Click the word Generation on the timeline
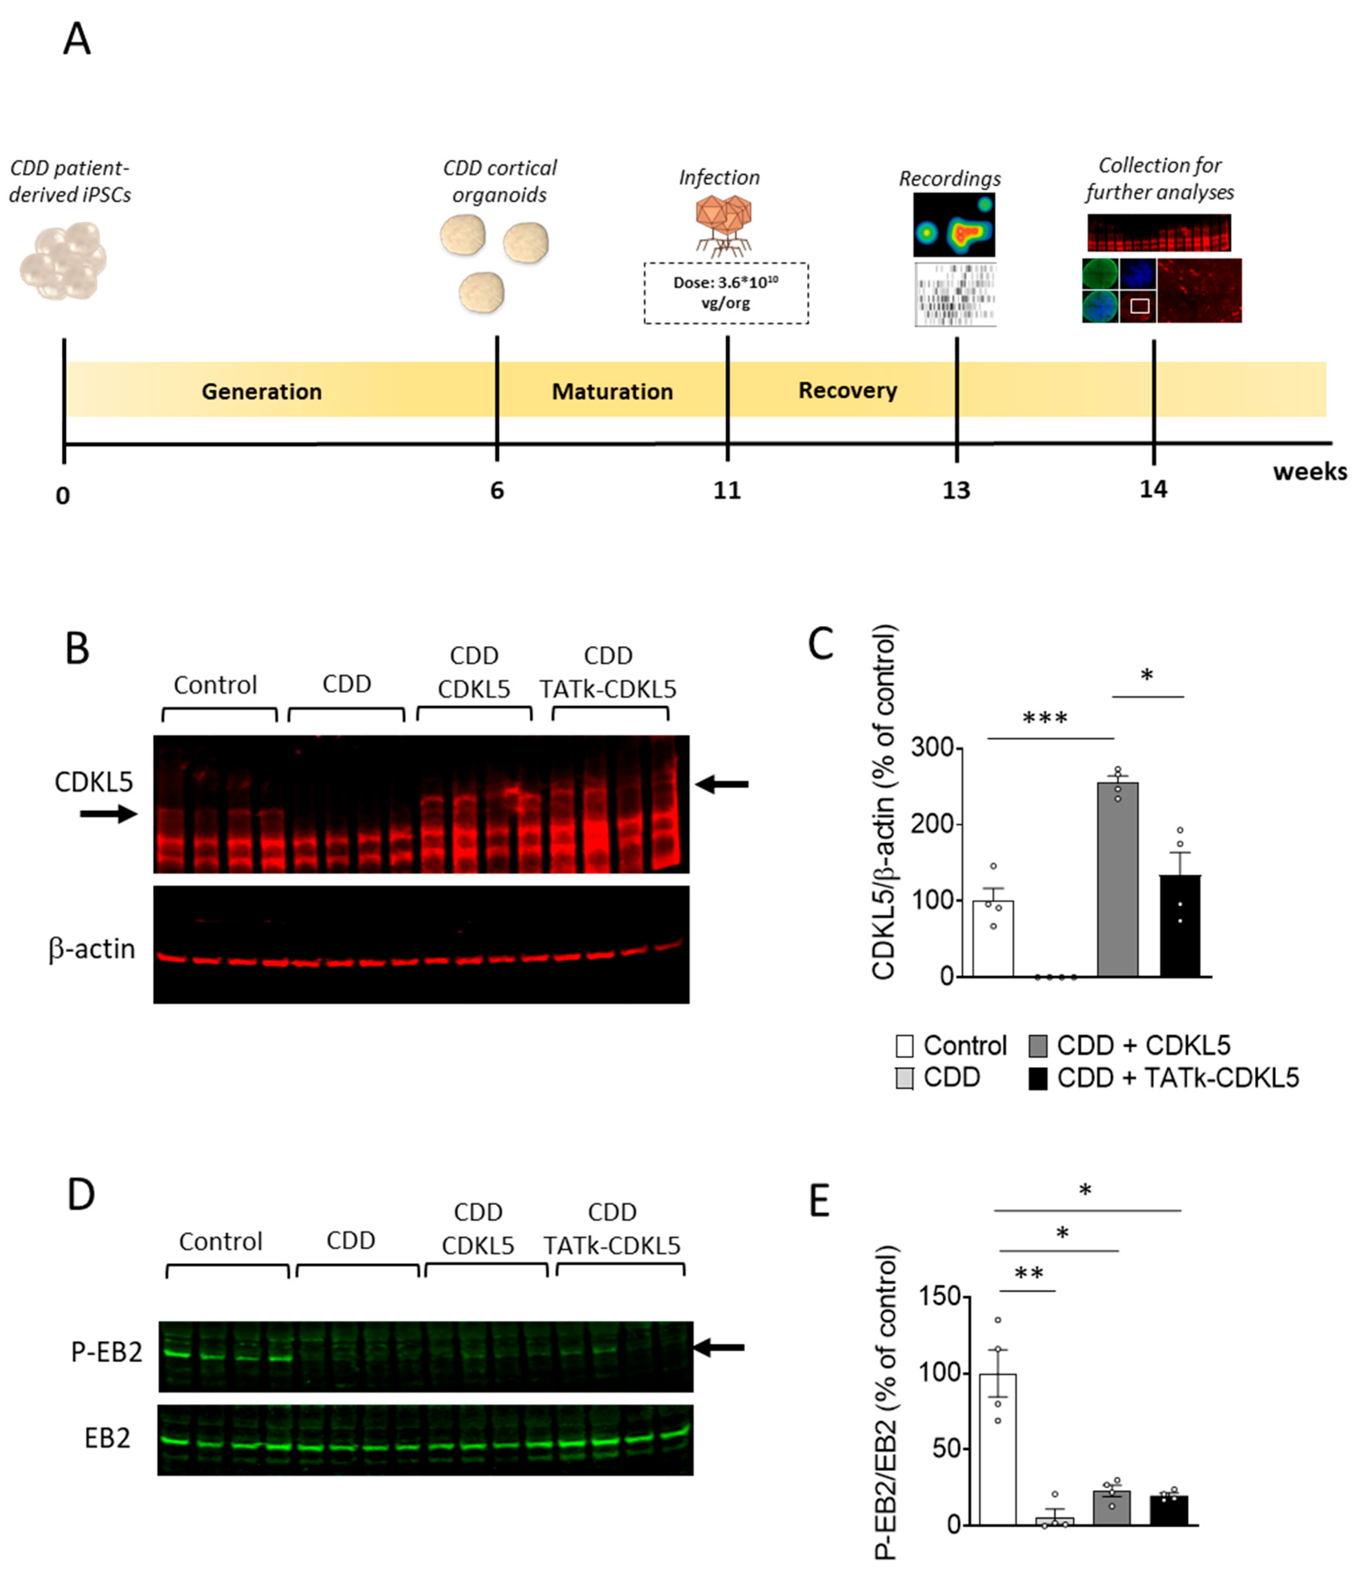(x=262, y=391)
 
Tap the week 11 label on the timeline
(x=727, y=490)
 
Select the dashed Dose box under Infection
(x=726, y=294)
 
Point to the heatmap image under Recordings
(x=954, y=225)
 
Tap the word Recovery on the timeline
(x=847, y=391)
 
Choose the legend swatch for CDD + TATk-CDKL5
(x=1037, y=1079)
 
